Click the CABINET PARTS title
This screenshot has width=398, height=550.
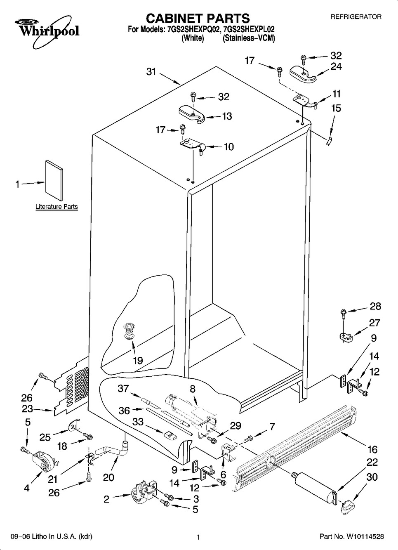coord(198,18)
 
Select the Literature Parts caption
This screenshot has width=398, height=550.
coord(57,207)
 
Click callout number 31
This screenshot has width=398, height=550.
coord(151,72)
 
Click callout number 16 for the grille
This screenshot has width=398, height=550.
coord(372,449)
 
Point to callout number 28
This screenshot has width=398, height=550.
coord(375,307)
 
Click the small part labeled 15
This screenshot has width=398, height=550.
coord(328,141)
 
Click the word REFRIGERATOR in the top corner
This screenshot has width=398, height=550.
coord(356,17)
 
